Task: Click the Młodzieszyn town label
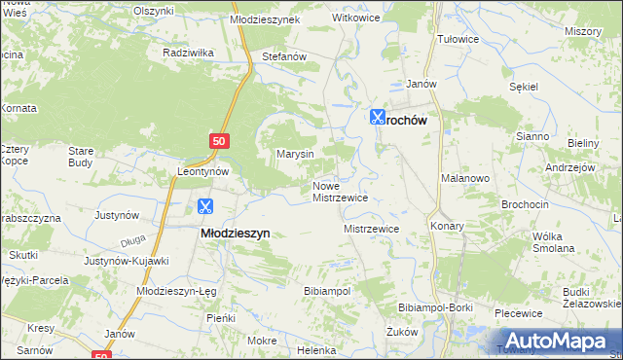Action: pyautogui.click(x=235, y=234)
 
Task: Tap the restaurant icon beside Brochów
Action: pyautogui.click(x=378, y=117)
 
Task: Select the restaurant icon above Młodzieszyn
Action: pyautogui.click(x=204, y=206)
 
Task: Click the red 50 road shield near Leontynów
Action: pyautogui.click(x=219, y=142)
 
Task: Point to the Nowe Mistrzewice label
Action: pyautogui.click(x=339, y=191)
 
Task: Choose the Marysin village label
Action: pyautogui.click(x=295, y=154)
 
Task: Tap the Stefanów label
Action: pyautogui.click(x=284, y=57)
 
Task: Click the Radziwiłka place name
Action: pyautogui.click(x=189, y=52)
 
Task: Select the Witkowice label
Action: pyautogui.click(x=356, y=18)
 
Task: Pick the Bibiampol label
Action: pyautogui.click(x=327, y=291)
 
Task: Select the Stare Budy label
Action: pyautogui.click(x=80, y=157)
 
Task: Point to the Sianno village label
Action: pyautogui.click(x=533, y=137)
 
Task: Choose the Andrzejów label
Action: pyautogui.click(x=569, y=166)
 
